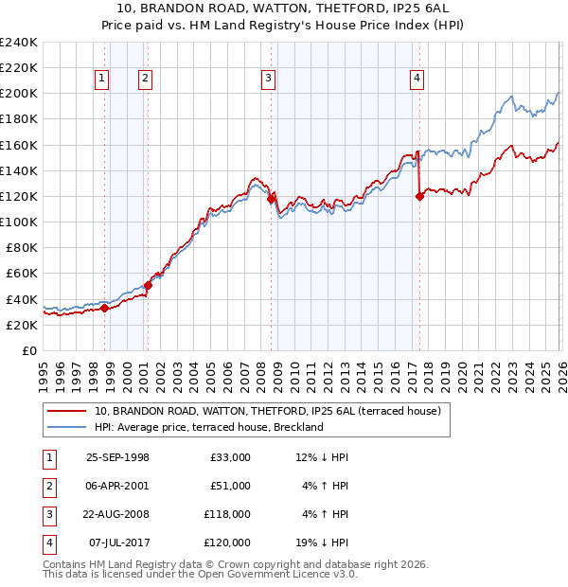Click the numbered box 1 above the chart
pyautogui.click(x=101, y=80)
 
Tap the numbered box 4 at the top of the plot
pyautogui.click(x=417, y=80)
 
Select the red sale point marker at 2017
pyautogui.click(x=419, y=196)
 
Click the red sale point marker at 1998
pyautogui.click(x=104, y=308)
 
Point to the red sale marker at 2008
pyautogui.click(x=271, y=199)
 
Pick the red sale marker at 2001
pyautogui.click(x=148, y=285)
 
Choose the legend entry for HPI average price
pyautogui.click(x=209, y=427)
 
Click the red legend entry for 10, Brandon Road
pyautogui.click(x=268, y=411)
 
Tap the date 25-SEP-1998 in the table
pyautogui.click(x=117, y=457)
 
